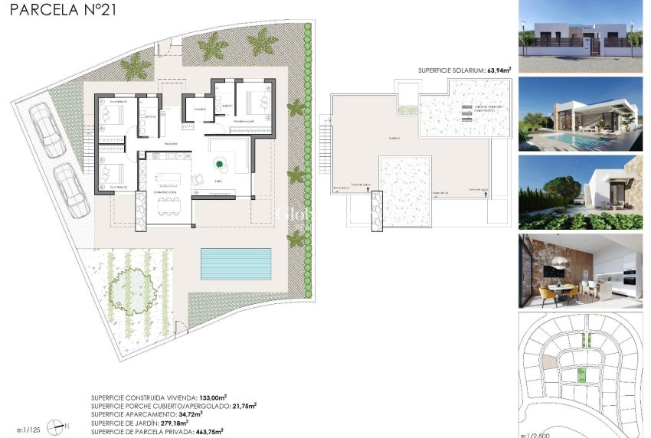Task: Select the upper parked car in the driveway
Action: (x=47, y=130)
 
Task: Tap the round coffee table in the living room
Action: (x=221, y=162)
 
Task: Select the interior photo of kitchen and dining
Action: (x=580, y=270)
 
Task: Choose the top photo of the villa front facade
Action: (x=580, y=36)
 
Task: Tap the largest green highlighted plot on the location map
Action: (x=580, y=374)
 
